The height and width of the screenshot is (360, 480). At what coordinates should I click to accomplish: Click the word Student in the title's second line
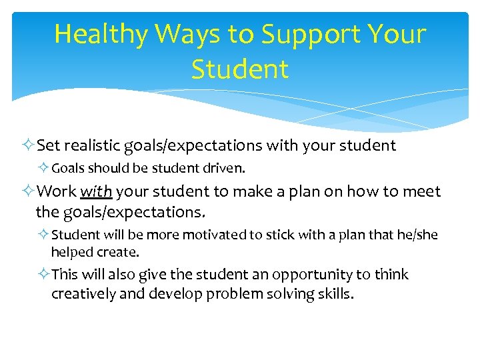[x=240, y=69]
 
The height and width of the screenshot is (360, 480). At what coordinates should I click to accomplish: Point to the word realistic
[x=101, y=145]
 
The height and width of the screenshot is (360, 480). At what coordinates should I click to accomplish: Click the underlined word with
[x=96, y=192]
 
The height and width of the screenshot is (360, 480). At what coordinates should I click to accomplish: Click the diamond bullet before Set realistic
[x=27, y=145]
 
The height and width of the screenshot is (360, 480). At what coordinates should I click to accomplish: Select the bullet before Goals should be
[x=43, y=169]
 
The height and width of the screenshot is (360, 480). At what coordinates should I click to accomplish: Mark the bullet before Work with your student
[x=27, y=192]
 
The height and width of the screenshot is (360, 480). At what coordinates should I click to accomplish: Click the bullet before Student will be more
[x=43, y=235]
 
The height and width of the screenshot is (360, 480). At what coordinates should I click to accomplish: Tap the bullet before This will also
[x=43, y=275]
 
